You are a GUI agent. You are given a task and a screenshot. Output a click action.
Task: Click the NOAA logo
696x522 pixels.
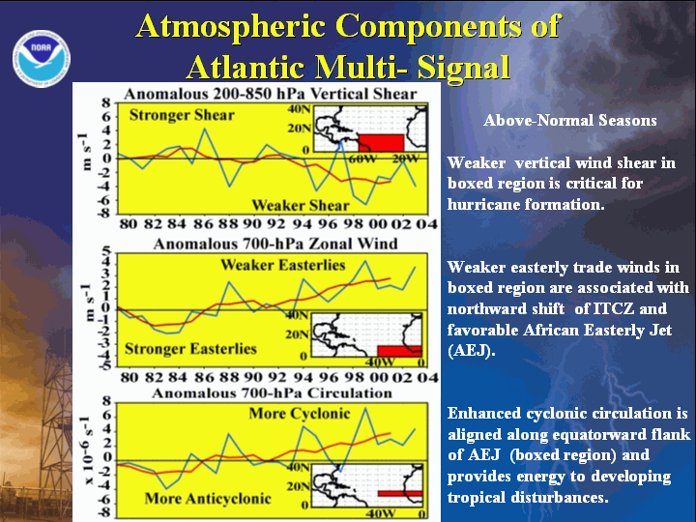[42, 59]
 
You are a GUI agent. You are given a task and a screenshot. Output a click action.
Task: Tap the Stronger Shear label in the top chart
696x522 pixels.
[182, 115]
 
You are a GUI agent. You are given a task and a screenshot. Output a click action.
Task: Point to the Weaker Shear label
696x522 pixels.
[301, 206]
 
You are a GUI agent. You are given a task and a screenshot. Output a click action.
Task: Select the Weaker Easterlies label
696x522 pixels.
[282, 265]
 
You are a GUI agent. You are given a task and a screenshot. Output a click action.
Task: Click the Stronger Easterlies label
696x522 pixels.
[190, 349]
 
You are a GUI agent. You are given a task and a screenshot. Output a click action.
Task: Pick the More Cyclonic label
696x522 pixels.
[299, 414]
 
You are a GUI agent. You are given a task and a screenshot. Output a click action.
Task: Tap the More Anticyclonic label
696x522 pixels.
[208, 499]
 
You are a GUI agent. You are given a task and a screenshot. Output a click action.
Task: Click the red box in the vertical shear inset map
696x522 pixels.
[381, 142]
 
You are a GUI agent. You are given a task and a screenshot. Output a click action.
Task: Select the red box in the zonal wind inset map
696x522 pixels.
[399, 351]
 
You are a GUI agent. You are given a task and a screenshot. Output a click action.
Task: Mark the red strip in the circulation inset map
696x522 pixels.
[400, 494]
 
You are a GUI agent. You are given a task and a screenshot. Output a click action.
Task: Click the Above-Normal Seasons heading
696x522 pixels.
[570, 120]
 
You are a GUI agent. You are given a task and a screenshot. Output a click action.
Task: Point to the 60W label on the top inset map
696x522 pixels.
[362, 159]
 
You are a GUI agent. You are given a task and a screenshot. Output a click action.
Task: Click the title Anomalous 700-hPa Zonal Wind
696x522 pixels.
[275, 244]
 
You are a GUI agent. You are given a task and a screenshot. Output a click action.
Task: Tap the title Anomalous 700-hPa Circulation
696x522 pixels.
[272, 393]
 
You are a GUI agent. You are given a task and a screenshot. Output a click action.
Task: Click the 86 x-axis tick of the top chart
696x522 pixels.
[203, 223]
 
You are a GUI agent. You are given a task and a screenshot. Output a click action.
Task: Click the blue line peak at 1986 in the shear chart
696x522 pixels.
[205, 129]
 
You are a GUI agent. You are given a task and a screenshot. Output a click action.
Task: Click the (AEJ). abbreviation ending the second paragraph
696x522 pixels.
[471, 351]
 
